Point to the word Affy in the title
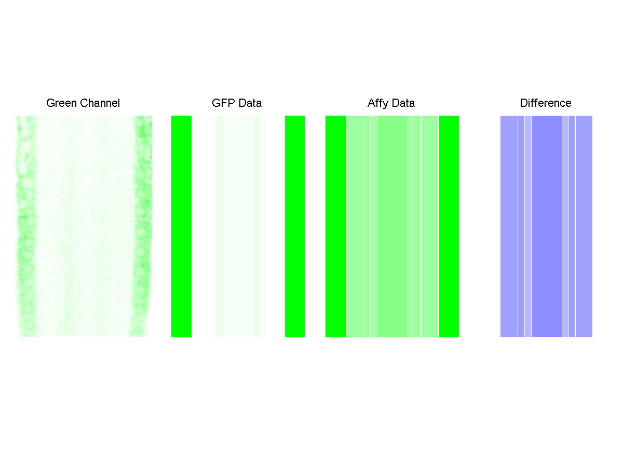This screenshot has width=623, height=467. pos(378,103)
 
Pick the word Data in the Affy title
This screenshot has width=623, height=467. pos(403,103)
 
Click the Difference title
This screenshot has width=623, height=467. pos(545,103)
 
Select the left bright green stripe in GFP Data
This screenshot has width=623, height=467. pos(181,226)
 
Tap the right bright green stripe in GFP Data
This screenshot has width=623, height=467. pos(294,226)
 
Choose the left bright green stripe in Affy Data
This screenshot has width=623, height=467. pos(335,226)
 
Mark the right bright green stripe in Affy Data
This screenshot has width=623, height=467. pos(449,226)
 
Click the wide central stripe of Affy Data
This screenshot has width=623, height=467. pos(392,226)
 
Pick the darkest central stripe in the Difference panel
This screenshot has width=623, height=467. pos(546,226)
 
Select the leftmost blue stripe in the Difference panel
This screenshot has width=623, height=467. pos(509,226)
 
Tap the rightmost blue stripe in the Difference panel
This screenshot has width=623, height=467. pos(584,226)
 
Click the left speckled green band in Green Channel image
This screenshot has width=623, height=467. pos(26,226)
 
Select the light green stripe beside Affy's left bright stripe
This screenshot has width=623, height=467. pos(355,226)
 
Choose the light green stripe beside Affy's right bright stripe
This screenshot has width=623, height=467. pos(429,226)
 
